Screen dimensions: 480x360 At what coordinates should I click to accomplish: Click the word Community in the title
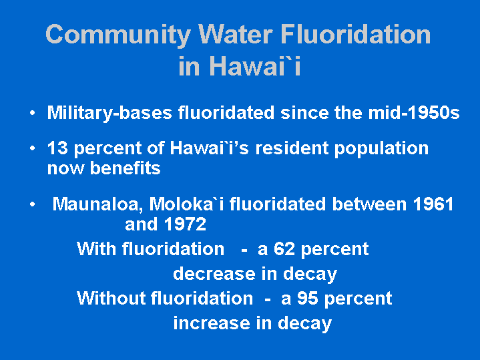tap(118, 35)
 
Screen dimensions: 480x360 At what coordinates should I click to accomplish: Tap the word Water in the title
tap(236, 34)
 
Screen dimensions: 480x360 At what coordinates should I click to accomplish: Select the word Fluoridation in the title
tap(355, 34)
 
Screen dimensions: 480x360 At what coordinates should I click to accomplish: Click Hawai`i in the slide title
tap(256, 66)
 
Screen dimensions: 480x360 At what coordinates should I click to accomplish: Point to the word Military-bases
tap(109, 113)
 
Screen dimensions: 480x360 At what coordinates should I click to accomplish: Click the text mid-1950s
tap(414, 112)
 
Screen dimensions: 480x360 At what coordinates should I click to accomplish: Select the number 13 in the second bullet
tap(57, 148)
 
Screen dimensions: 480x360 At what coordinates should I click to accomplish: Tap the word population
tap(381, 149)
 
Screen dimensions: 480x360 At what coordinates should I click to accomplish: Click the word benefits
tap(126, 168)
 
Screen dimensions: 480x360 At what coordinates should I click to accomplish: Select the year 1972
tap(185, 224)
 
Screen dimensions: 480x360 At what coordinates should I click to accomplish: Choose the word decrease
tap(214, 274)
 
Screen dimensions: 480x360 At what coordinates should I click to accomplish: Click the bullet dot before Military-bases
tap(33, 113)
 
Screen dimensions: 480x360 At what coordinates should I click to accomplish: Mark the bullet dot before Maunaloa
tap(33, 204)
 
